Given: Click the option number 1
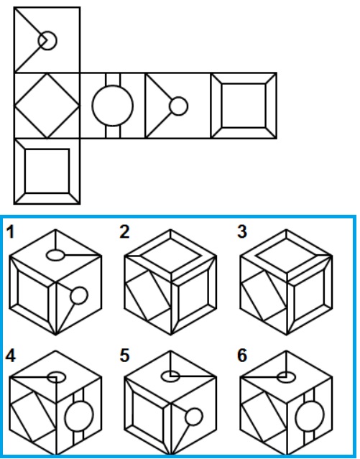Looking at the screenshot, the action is pyautogui.click(x=10, y=232).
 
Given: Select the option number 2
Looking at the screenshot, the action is pyautogui.click(x=124, y=232).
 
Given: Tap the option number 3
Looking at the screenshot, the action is pyautogui.click(x=242, y=232).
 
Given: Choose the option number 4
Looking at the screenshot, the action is pyautogui.click(x=11, y=356).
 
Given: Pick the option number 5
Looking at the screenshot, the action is pyautogui.click(x=124, y=356).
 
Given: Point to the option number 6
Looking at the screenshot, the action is pyautogui.click(x=242, y=356).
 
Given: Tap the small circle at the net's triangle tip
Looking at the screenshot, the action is pyautogui.click(x=179, y=97).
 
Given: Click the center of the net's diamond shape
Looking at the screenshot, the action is pyautogui.click(x=47, y=106).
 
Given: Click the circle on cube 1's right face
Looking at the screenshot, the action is pyautogui.click(x=79, y=287).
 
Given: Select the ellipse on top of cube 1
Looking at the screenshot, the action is pyautogui.click(x=55, y=250).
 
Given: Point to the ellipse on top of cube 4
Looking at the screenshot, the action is pyautogui.click(x=56, y=372).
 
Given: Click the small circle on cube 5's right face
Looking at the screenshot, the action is pyautogui.click(x=194, y=409).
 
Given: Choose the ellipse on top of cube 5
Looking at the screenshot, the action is pyautogui.click(x=170, y=371).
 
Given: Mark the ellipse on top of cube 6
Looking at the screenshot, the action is pyautogui.click(x=286, y=372).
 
